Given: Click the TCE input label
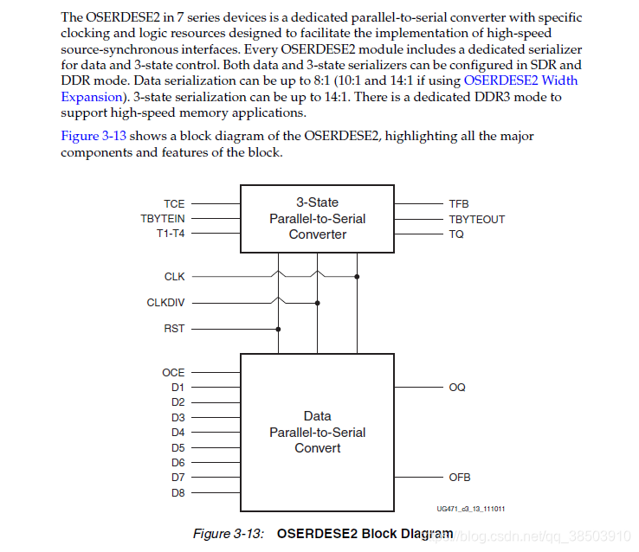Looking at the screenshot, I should point(174,204).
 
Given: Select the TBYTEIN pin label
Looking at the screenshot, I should point(163,219).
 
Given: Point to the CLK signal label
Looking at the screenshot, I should point(174,277).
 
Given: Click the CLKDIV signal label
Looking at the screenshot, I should point(165,303).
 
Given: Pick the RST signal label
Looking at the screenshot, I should point(174,329).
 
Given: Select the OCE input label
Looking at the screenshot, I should point(173,373).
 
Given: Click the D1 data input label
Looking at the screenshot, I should point(177,388).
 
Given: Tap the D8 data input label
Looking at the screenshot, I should point(177,493).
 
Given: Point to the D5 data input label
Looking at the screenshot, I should point(177,448).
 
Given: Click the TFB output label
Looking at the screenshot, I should point(459,204).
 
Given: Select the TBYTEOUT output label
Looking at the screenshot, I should point(476,219).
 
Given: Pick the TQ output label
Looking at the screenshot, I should point(456,234).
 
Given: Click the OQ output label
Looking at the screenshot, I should point(457,388).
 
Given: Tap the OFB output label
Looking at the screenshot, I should point(460,478).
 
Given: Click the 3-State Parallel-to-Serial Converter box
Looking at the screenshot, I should point(317,218).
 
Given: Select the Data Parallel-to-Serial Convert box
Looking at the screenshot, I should point(317,432).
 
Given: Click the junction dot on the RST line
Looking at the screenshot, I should point(278,329).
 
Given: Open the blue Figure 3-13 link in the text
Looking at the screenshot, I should point(91,136).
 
